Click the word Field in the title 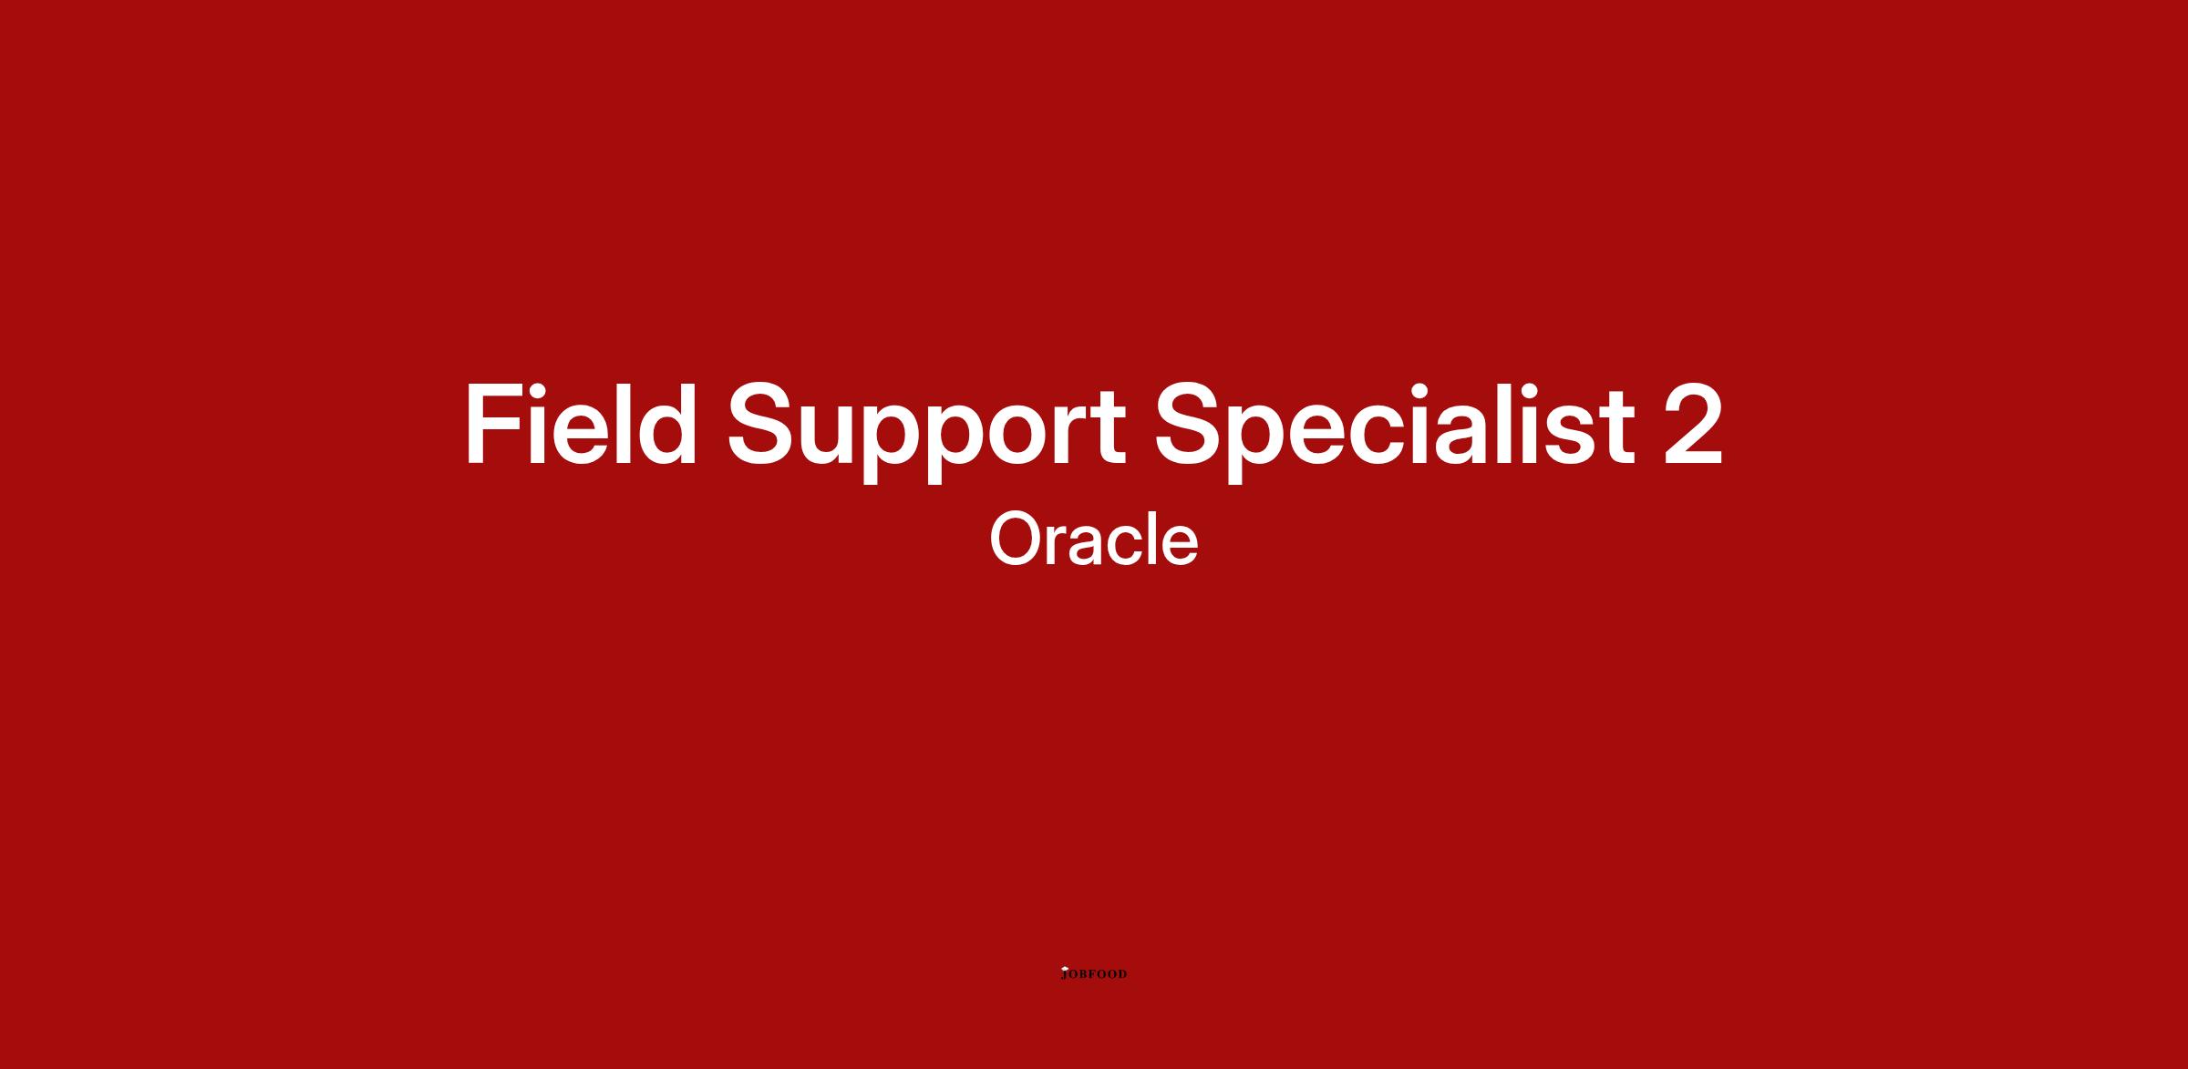[x=581, y=423]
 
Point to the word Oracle [x=1093, y=539]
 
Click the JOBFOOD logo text [x=1094, y=974]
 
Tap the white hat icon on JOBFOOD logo [x=1064, y=969]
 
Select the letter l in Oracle [x=1150, y=539]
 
